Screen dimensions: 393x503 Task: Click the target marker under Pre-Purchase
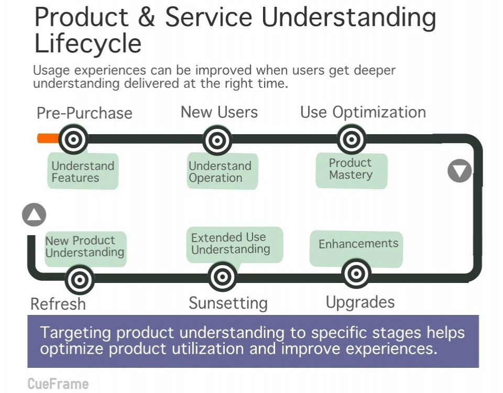(x=73, y=139)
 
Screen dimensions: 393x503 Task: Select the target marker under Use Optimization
(x=352, y=140)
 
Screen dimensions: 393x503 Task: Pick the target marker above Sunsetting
(x=223, y=277)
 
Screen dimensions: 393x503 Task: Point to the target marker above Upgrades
(x=356, y=274)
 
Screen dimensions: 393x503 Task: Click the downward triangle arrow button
(x=460, y=170)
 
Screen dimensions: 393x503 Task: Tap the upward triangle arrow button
(x=34, y=215)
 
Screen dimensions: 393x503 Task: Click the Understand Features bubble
(x=83, y=171)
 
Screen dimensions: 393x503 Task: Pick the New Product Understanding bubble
(x=84, y=247)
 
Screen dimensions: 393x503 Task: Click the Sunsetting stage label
(x=228, y=303)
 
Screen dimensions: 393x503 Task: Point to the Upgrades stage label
(x=360, y=302)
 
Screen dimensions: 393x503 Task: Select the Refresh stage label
(x=58, y=304)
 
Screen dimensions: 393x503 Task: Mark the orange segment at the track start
(x=48, y=138)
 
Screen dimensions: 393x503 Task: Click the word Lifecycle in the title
(x=88, y=43)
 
